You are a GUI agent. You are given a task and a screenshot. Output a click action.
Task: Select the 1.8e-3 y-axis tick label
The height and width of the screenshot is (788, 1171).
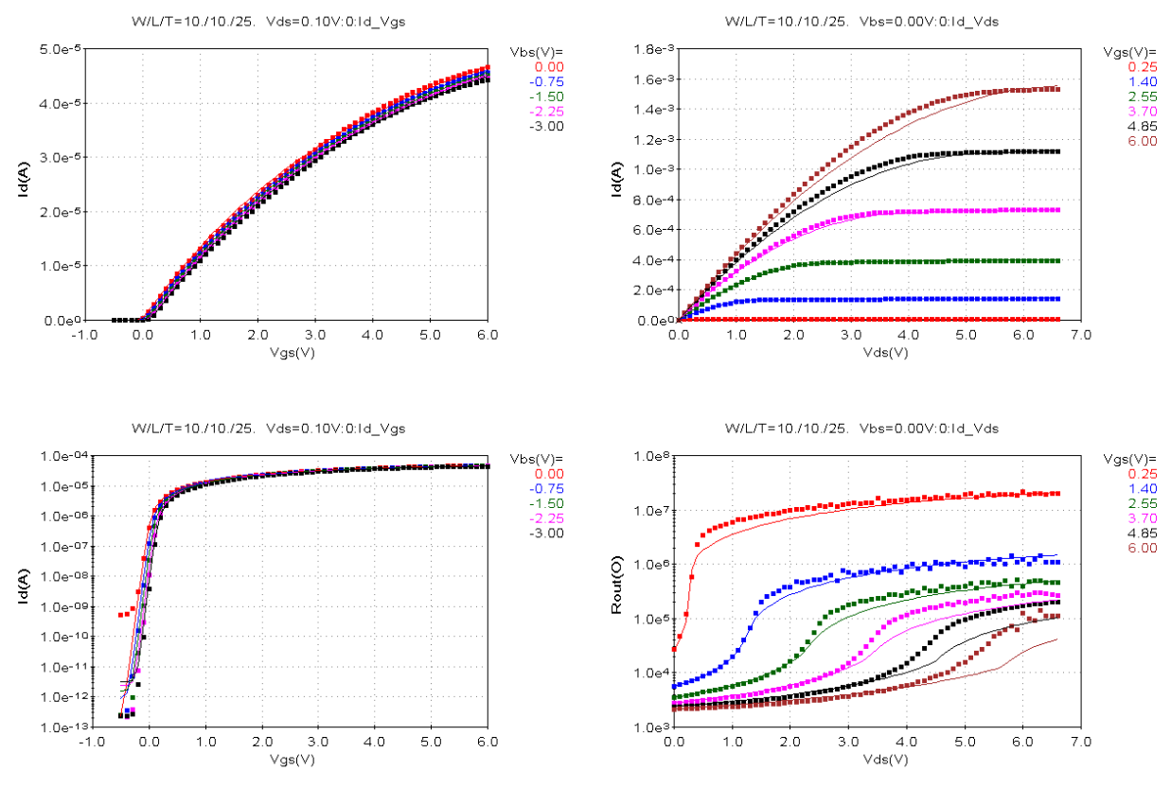(650, 48)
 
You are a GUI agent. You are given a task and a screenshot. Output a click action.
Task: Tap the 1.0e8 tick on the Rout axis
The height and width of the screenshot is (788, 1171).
(650, 456)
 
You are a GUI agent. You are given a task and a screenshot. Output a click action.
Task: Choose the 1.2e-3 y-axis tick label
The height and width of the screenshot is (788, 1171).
(650, 139)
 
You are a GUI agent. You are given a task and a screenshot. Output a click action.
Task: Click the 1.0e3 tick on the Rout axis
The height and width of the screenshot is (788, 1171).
(650, 727)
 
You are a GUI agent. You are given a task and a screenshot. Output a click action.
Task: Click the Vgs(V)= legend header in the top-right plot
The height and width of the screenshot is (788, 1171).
(1129, 50)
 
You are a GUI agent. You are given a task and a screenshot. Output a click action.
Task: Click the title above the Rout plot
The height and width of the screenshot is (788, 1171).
(861, 429)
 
